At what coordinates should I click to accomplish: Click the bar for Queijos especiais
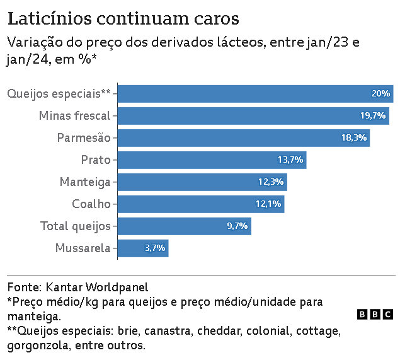pyautogui.click(x=255, y=94)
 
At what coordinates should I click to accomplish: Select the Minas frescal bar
pyautogui.click(x=253, y=116)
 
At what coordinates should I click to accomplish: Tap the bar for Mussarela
pyautogui.click(x=143, y=248)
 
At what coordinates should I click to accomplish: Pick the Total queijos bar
pyautogui.click(x=185, y=226)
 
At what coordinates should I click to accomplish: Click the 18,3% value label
pyautogui.click(x=354, y=138)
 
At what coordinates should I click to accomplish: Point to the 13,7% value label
pyautogui.click(x=290, y=160)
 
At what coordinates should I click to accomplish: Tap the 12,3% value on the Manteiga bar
pyautogui.click(x=271, y=182)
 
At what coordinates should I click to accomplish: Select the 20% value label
pyautogui.click(x=381, y=94)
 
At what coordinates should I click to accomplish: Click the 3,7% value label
pyautogui.click(x=155, y=248)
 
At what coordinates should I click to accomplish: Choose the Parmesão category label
pyautogui.click(x=84, y=138)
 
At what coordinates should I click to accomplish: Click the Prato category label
pyautogui.click(x=96, y=160)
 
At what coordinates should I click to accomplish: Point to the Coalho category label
pyautogui.click(x=91, y=204)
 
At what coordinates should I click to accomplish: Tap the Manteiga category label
pyautogui.click(x=85, y=182)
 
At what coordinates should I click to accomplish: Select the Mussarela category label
pyautogui.click(x=83, y=248)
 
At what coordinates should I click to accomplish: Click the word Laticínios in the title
pyautogui.click(x=50, y=18)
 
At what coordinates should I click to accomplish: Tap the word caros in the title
pyautogui.click(x=217, y=20)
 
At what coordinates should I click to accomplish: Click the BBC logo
pyautogui.click(x=375, y=315)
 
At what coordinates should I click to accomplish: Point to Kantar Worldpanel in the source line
pyautogui.click(x=97, y=287)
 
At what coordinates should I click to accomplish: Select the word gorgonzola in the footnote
pyautogui.click(x=38, y=346)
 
